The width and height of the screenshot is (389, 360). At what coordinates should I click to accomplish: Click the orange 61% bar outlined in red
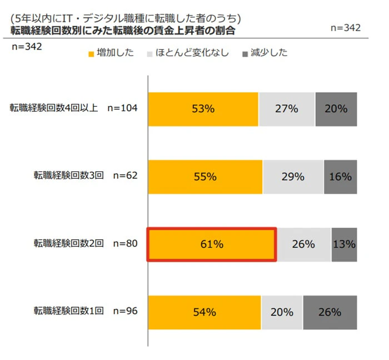point(212,244)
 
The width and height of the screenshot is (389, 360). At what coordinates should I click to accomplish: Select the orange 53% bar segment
point(203,109)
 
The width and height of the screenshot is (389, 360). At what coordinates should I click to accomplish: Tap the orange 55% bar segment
point(205,176)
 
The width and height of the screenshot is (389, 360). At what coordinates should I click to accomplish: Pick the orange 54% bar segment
point(204,312)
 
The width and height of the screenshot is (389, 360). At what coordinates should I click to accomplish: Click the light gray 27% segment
point(287,109)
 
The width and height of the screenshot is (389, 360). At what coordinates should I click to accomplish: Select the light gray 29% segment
point(293,176)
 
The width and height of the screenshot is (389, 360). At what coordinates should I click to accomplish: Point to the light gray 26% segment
point(304,244)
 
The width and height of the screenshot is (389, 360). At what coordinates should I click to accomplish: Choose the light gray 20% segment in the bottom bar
point(282,312)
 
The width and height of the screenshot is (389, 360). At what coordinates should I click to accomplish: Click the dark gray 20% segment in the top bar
point(336,109)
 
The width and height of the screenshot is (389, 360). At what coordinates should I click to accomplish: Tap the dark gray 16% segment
point(340,176)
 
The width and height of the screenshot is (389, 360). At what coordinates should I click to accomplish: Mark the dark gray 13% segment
point(344,244)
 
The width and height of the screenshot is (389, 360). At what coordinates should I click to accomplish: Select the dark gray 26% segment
point(330,312)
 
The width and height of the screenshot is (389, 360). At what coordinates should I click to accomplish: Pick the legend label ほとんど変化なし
point(192,53)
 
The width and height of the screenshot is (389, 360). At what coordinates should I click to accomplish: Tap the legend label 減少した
point(268,53)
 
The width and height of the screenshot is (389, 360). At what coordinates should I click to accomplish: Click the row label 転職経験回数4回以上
point(54,108)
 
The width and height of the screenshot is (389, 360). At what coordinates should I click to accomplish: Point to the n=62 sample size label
point(125,176)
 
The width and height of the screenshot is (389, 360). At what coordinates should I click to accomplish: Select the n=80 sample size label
point(125,243)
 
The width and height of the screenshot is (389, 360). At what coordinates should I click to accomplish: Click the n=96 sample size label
point(125,311)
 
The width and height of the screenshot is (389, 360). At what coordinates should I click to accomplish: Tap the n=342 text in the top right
point(345,28)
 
